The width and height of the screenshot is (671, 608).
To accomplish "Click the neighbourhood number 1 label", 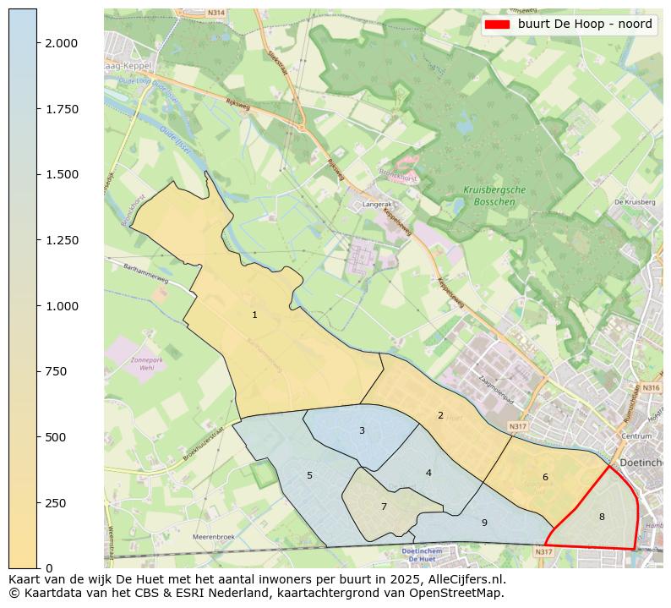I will point(254,315).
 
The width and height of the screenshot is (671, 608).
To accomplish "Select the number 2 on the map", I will point(440,415).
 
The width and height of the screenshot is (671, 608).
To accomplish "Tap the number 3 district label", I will point(362,430).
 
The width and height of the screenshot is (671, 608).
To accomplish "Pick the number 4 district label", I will point(428,473).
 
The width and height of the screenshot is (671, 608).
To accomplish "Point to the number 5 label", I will point(309,475).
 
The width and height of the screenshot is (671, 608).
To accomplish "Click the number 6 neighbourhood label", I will point(545,477).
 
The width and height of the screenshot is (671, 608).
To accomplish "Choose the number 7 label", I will point(384,507).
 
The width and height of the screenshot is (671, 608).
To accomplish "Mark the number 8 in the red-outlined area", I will point(602,517).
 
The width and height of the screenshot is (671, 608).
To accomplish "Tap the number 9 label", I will point(484,523).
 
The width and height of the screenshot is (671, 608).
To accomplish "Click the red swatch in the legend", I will point(497,25).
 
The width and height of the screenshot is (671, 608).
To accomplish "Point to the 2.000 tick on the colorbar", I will point(62,43).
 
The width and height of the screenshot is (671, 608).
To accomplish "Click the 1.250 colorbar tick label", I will point(62,240).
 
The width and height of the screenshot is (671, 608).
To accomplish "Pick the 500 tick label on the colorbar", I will point(56,437).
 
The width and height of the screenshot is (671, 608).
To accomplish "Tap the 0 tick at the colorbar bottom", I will point(48,567).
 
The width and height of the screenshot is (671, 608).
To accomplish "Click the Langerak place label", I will point(377,205).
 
